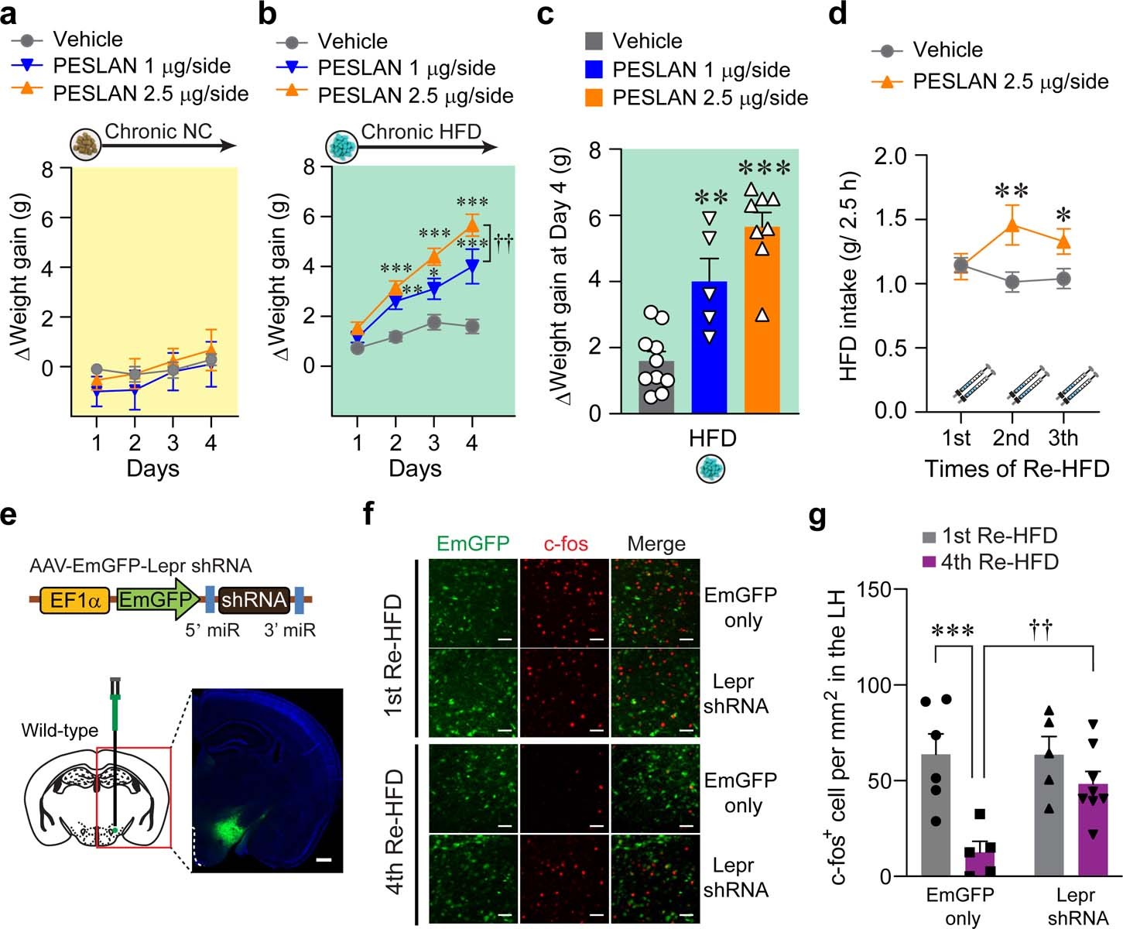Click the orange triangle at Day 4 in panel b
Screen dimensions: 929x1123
[x=472, y=225]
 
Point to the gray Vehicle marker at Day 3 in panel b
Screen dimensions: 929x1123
[x=434, y=323]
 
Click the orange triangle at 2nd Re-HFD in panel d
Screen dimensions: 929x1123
[x=1011, y=225]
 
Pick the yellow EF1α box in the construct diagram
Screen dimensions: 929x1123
[x=75, y=600]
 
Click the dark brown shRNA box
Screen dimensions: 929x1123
[x=254, y=600]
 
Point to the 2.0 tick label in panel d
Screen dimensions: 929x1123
[x=890, y=156]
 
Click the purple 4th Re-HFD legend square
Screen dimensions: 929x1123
[x=929, y=562]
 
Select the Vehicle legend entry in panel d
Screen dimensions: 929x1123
[x=947, y=50]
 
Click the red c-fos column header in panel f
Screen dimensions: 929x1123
[x=565, y=543]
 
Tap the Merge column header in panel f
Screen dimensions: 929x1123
[x=656, y=543]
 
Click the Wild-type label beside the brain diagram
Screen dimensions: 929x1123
[x=60, y=730]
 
